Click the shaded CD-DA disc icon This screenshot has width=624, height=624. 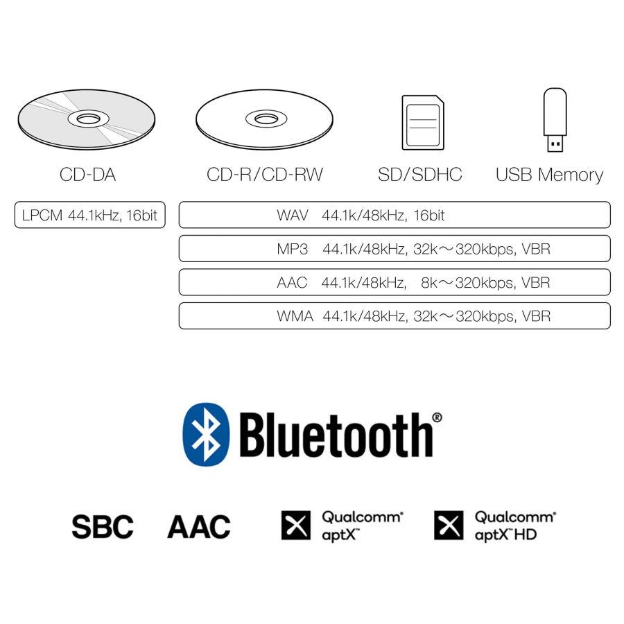(x=87, y=119)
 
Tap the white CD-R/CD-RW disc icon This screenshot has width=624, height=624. (x=264, y=119)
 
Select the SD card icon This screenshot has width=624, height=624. (x=423, y=123)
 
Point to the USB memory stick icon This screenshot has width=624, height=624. (x=555, y=120)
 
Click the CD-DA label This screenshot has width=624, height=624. (x=87, y=174)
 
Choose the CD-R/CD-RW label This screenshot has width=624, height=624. (x=265, y=174)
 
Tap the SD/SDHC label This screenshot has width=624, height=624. (x=420, y=174)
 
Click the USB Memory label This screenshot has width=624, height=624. (x=549, y=175)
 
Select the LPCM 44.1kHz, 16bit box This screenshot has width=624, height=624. (x=90, y=215)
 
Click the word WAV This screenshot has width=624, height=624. (x=293, y=216)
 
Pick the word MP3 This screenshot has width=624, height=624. (x=293, y=249)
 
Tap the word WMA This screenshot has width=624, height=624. (x=295, y=316)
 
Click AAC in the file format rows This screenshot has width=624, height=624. (x=292, y=283)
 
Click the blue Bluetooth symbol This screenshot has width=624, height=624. (x=206, y=434)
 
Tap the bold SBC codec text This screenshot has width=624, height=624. (x=103, y=526)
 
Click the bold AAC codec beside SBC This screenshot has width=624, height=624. (x=199, y=526)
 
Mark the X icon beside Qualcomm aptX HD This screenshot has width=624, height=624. (x=449, y=526)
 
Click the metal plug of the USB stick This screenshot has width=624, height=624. (x=555, y=144)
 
